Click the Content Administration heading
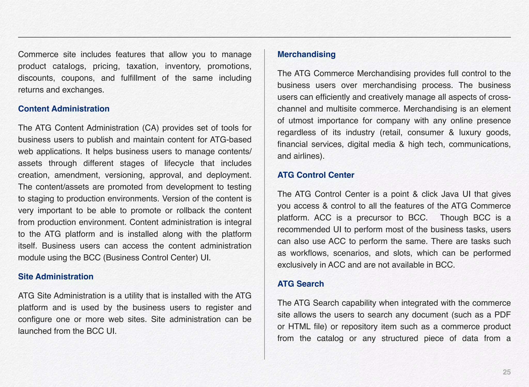pos(64,109)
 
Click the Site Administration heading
pos(56,277)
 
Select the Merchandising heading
pos(306,54)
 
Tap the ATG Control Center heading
pos(316,175)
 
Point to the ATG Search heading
pos(300,284)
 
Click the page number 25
pos(507,372)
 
